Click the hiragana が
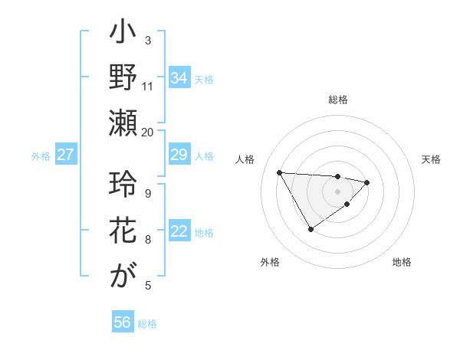[123, 277]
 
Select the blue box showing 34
[179, 77]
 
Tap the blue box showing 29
[179, 155]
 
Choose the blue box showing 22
[179, 231]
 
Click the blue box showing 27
[66, 155]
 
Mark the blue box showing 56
[123, 322]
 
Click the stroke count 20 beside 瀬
[148, 131]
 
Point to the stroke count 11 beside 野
[148, 85]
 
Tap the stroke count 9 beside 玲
[148, 192]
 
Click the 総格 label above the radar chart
[338, 100]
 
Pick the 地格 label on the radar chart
[402, 262]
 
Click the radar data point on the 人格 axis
[279, 172]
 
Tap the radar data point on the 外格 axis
[310, 229]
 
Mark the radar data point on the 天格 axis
[367, 182]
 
